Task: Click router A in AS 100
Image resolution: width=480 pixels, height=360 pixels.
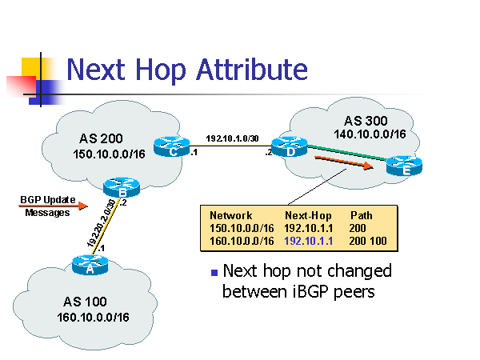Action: pos(90,265)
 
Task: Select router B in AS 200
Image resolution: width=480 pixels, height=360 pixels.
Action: pos(122,190)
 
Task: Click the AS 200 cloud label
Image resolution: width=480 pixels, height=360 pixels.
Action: pos(101,138)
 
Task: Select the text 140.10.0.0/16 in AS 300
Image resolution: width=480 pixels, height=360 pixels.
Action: pos(370,134)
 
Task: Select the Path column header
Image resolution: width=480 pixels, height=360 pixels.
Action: pos(362,215)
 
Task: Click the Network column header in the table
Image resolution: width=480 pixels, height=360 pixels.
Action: pos(230,215)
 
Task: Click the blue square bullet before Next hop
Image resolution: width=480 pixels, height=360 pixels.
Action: pos(214,273)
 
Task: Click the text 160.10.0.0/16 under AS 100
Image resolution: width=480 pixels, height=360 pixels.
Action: pos(93,318)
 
